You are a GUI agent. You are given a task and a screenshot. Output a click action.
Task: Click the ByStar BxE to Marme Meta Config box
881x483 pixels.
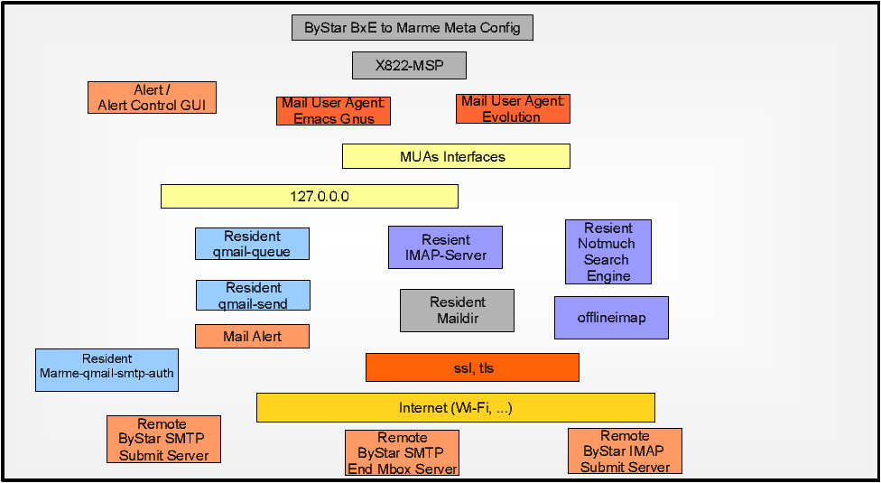pos(413,27)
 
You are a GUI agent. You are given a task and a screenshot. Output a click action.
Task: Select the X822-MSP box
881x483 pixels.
pos(410,65)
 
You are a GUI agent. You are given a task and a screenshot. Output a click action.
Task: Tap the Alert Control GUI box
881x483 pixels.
pos(153,98)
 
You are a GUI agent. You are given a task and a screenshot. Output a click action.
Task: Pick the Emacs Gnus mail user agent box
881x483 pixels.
pos(334,111)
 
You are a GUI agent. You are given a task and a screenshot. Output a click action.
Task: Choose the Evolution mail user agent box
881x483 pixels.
pos(513,109)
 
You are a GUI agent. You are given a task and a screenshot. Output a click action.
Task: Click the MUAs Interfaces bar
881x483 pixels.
pos(456,156)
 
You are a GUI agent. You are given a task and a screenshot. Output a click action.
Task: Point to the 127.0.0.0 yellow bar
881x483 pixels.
pos(310,197)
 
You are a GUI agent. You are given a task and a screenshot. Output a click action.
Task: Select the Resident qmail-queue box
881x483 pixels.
pos(252,244)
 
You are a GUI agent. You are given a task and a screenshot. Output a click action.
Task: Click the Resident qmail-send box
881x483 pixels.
pos(253,295)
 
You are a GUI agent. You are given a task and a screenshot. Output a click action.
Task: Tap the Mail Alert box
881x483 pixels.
pos(252,337)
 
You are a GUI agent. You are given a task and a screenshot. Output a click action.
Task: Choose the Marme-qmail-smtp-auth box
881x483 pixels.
pos(107,370)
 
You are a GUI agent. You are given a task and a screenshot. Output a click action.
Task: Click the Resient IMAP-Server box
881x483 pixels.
pos(446,247)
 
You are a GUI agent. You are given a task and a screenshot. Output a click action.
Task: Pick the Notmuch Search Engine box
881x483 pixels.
pos(608,252)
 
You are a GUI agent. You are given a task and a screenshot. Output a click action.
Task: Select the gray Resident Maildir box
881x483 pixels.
pos(458,311)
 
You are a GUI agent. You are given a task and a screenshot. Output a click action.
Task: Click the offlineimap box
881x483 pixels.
pos(611,318)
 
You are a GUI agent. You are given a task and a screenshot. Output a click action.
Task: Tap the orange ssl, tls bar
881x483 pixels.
pos(472,367)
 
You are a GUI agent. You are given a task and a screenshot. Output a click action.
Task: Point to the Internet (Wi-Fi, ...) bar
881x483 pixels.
pos(456,408)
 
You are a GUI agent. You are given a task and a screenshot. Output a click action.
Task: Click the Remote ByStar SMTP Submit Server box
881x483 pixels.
pos(164,439)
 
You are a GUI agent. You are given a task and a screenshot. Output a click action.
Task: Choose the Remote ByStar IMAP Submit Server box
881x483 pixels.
pos(625,451)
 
